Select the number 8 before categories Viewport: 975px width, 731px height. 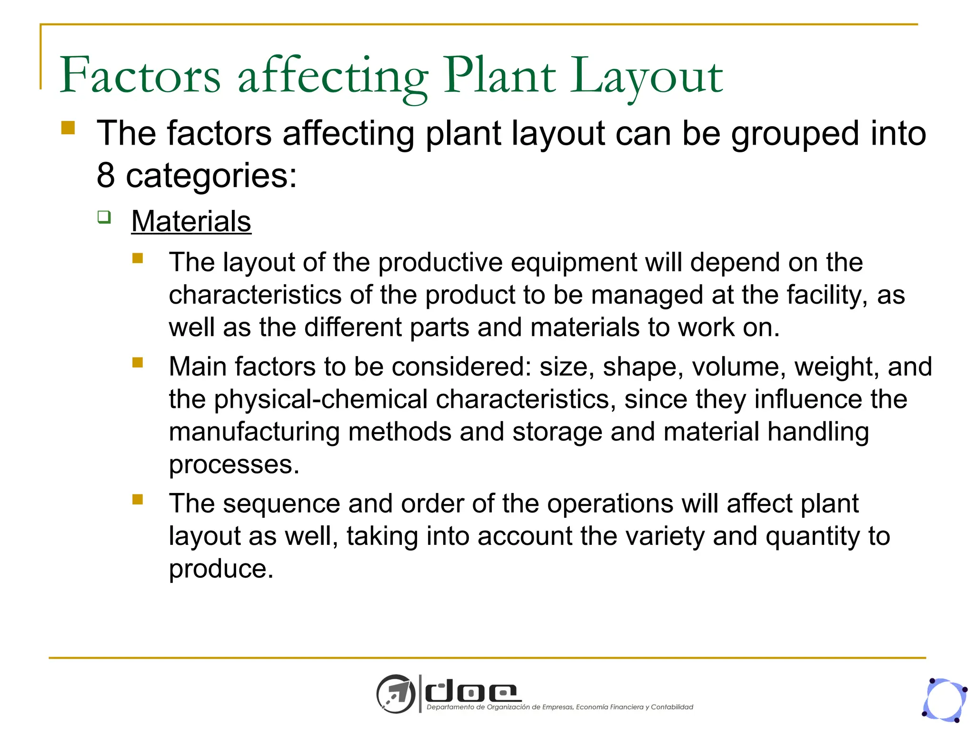[x=106, y=175]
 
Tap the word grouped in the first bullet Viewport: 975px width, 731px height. [x=795, y=134]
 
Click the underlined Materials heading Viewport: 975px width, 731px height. [x=191, y=221]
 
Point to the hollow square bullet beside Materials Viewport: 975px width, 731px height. [x=104, y=217]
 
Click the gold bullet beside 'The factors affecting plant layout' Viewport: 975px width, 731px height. [x=68, y=128]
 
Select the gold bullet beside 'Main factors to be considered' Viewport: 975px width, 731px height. [x=138, y=363]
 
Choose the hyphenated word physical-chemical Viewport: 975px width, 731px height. [x=321, y=399]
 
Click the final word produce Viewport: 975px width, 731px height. [x=221, y=569]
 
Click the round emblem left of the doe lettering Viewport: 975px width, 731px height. [x=396, y=694]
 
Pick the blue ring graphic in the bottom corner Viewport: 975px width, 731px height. [x=945, y=700]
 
